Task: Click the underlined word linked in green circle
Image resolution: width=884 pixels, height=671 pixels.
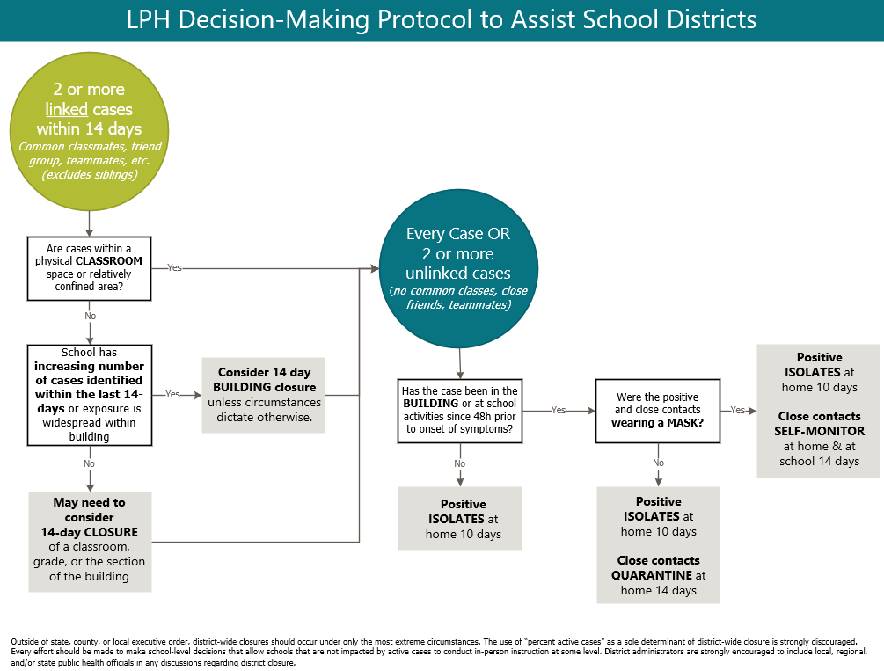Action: tap(67, 109)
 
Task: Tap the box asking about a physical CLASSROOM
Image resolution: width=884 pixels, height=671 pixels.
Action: tap(89, 266)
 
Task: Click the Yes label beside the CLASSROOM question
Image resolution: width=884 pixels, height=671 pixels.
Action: tap(174, 267)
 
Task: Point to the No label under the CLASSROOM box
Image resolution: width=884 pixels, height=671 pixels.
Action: tap(90, 315)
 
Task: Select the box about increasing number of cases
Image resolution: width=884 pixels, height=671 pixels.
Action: tap(89, 394)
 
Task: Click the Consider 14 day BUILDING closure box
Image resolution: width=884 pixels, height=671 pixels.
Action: tap(263, 394)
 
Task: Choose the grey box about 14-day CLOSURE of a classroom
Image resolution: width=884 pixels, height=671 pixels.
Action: tap(90, 540)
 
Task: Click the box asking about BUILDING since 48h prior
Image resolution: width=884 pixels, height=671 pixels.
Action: tap(459, 411)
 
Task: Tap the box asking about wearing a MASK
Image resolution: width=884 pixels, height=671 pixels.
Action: tap(658, 410)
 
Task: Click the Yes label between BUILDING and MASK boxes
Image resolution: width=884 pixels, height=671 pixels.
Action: tap(559, 411)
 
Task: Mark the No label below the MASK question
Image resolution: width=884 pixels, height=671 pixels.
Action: tap(658, 463)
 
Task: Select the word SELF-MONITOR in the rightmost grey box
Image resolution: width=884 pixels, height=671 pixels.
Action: tap(820, 431)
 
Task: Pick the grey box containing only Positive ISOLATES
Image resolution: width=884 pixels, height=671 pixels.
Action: tap(459, 519)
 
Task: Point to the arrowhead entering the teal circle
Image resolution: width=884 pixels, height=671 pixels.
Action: tap(374, 267)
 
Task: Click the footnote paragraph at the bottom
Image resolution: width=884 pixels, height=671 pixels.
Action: tap(440, 652)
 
